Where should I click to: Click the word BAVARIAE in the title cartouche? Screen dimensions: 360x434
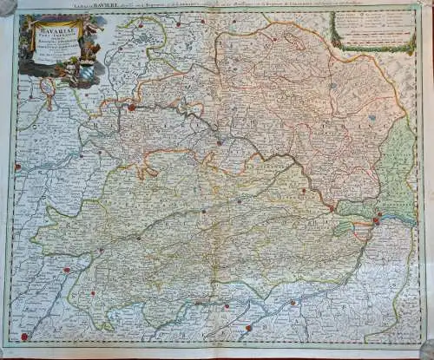54,32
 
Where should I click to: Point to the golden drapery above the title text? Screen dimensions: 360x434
52,21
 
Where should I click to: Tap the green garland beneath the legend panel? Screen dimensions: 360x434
369,49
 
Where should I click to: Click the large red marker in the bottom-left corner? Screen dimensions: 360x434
24,337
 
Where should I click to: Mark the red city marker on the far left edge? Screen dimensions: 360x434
16,167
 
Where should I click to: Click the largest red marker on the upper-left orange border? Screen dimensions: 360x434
131,108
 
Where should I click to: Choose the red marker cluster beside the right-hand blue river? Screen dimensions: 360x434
375,222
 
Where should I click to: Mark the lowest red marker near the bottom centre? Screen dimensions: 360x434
247,328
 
